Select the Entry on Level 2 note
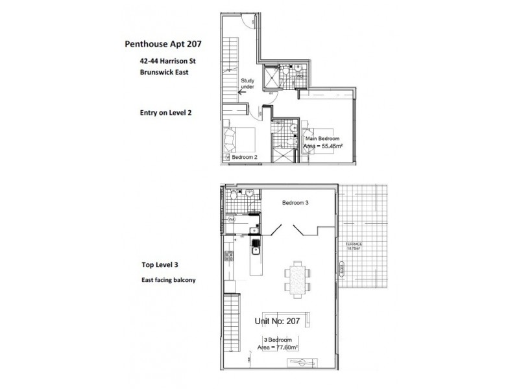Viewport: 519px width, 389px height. tap(165, 112)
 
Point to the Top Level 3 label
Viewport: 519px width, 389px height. tap(160, 265)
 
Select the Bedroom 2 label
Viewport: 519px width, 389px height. tap(245, 158)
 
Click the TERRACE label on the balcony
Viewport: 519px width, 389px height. tap(353, 243)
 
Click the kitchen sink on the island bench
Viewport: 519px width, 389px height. tap(256, 245)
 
